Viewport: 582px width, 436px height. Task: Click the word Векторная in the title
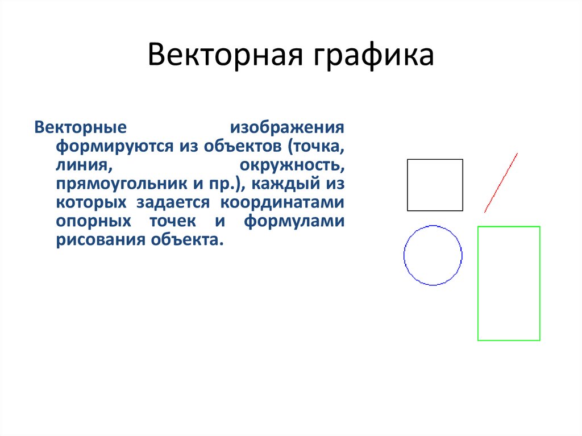tap(224, 57)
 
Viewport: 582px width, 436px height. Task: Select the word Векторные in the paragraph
tap(79, 127)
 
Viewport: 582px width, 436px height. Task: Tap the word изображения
tap(286, 127)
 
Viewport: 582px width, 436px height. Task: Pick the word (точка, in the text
tap(316, 146)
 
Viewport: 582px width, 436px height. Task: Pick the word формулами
tap(294, 221)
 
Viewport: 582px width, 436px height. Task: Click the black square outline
tap(435, 160)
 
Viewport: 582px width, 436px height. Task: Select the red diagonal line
tap(501, 182)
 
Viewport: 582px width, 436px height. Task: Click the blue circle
tap(433, 226)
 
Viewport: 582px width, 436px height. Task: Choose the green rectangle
tap(509, 227)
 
